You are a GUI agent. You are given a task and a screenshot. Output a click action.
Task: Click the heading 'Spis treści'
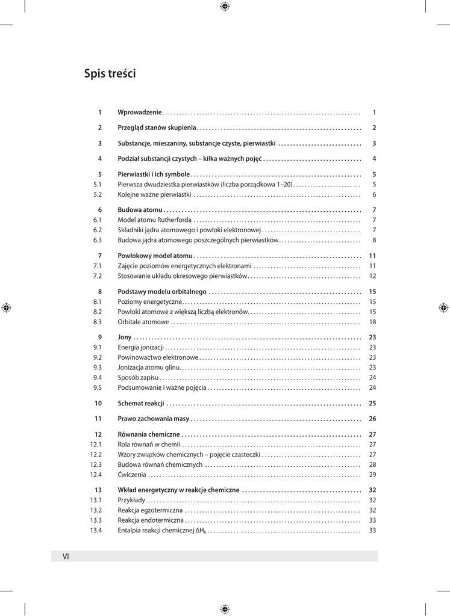[110, 74]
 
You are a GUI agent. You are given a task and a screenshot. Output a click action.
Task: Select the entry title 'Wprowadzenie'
[140, 112]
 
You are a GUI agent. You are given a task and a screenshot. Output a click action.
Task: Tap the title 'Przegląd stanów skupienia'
[157, 128]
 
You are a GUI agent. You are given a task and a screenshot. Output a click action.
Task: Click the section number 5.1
[98, 185]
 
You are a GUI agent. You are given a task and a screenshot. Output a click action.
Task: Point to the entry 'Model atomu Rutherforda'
[155, 220]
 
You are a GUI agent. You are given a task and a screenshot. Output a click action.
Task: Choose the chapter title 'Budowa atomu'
[140, 210]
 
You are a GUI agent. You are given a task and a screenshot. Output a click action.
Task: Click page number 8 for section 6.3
[374, 240]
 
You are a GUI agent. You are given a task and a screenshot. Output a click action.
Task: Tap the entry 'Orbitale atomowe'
[143, 322]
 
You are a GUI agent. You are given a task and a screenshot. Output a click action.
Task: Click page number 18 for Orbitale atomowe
[372, 322]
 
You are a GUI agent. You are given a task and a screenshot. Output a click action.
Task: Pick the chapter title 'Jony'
[125, 337]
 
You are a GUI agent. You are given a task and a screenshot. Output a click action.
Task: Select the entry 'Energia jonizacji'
[140, 347]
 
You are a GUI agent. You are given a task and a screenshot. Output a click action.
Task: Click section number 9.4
[98, 378]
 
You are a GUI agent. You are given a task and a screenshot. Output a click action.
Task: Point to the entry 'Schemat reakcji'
[141, 403]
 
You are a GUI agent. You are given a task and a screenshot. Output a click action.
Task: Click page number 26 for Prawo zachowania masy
[372, 419]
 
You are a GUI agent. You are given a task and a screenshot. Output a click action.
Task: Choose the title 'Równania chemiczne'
[149, 434]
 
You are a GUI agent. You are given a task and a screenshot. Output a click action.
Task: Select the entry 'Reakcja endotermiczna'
[151, 520]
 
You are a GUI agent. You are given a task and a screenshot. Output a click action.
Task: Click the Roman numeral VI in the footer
[66, 556]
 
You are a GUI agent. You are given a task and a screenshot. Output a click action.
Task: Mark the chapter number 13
[98, 490]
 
